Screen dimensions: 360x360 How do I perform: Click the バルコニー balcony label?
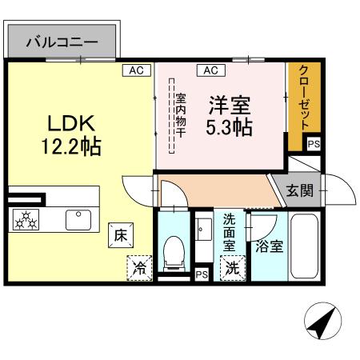click(x=62, y=42)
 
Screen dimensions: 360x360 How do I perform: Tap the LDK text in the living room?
click(x=70, y=124)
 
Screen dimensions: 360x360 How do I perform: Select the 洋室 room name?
click(x=230, y=105)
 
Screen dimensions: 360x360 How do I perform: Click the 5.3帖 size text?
click(x=230, y=127)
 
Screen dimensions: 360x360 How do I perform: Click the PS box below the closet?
click(x=314, y=145)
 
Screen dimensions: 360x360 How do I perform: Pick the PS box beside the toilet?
click(x=201, y=274)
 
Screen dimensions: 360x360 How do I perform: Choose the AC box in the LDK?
click(x=136, y=70)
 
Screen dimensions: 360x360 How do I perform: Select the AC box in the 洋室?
click(x=210, y=70)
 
